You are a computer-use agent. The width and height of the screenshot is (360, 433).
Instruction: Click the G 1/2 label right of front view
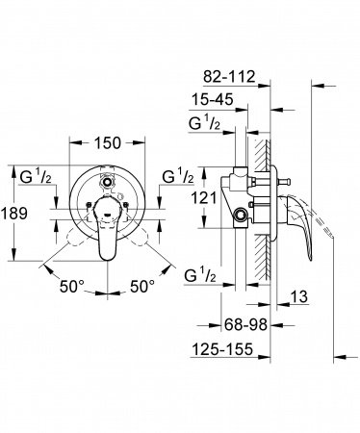179,176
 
